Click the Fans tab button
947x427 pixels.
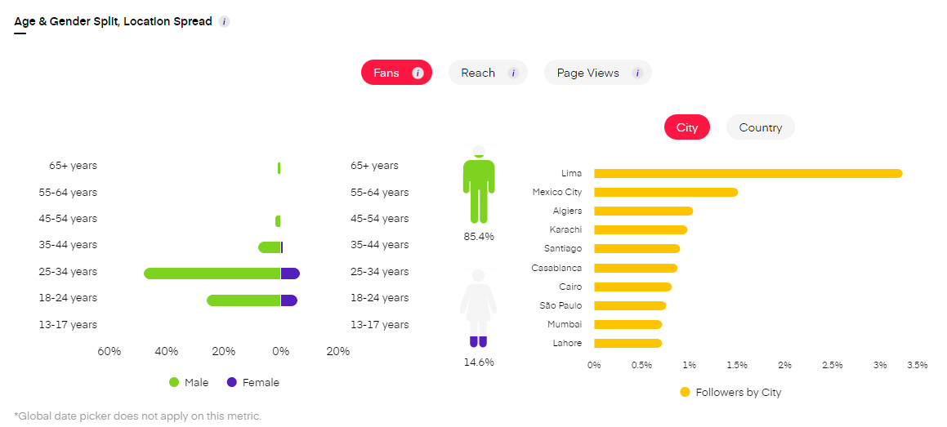click(395, 73)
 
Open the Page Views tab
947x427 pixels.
click(597, 73)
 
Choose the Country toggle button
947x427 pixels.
click(760, 127)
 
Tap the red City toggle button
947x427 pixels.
click(687, 127)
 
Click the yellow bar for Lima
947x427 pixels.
click(748, 173)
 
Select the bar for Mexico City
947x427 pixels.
click(666, 193)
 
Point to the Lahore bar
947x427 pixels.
click(628, 343)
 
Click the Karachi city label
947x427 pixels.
click(565, 229)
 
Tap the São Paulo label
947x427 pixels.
click(561, 305)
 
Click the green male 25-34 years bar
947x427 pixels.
click(212, 274)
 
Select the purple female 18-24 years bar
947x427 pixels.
click(288, 300)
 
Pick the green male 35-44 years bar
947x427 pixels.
click(270, 247)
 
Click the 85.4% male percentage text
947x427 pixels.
click(479, 236)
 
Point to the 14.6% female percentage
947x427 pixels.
click(479, 362)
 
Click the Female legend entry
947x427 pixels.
click(253, 382)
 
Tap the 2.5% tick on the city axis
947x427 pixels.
click(832, 365)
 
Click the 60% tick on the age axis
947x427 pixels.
click(109, 351)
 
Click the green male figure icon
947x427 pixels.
click(479, 186)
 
